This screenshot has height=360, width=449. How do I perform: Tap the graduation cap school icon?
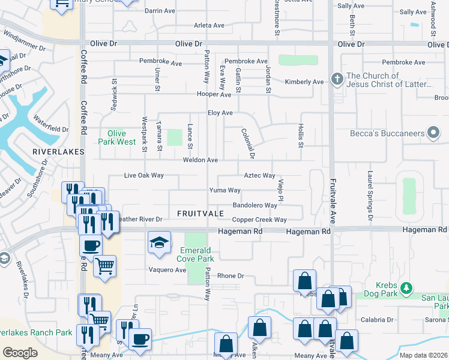tap(159, 242)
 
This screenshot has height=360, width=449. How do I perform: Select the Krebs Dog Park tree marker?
tap(406, 289)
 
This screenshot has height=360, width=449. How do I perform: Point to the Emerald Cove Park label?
tap(195, 254)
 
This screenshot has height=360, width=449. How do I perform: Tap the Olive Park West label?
tap(117, 137)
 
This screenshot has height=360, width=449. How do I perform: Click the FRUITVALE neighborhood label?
tap(200, 214)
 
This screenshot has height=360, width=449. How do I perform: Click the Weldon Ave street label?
tap(200, 160)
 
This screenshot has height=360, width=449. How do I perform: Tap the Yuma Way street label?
tap(224, 190)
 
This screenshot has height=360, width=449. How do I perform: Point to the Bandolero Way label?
tap(255, 205)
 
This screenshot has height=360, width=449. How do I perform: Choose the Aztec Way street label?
tap(259, 176)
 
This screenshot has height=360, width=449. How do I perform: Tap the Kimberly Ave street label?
tap(304, 82)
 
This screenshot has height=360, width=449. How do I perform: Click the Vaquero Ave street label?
tap(167, 270)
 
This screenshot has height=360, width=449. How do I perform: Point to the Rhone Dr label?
tap(231, 276)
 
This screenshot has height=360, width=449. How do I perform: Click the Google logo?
tap(20, 352)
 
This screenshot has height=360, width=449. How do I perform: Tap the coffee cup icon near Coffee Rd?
tap(91, 245)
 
